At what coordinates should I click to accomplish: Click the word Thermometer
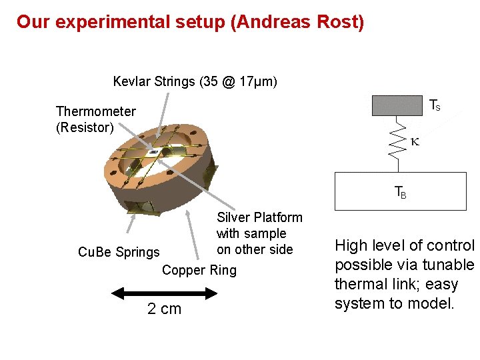coord(95,111)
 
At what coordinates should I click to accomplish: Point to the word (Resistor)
coord(85,127)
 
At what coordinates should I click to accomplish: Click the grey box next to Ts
coord(397,105)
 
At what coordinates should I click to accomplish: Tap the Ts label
coord(434,105)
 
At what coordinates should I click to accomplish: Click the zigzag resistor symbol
coord(398,140)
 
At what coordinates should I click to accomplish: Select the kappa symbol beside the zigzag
coord(415,141)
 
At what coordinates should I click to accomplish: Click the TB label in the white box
coord(400,193)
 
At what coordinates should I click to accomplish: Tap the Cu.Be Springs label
coord(119,252)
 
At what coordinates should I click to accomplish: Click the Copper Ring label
coord(199,270)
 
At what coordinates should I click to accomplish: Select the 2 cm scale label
coord(164,308)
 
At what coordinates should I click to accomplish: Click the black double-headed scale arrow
coord(164,293)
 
